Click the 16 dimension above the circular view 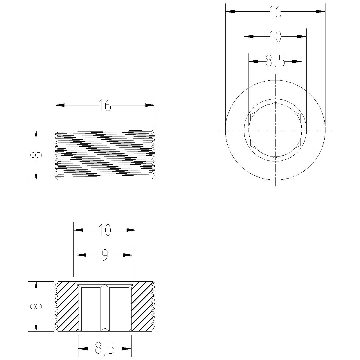coord(275,11)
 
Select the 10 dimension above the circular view coord(275,36)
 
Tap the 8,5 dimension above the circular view coord(275,62)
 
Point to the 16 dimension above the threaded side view coord(105,105)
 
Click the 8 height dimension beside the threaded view coord(36,155)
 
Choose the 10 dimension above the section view coord(105,230)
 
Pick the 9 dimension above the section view coord(105,255)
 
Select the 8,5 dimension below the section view coord(105,349)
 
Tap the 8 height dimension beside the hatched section coord(36,306)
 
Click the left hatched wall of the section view coord(67,306)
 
